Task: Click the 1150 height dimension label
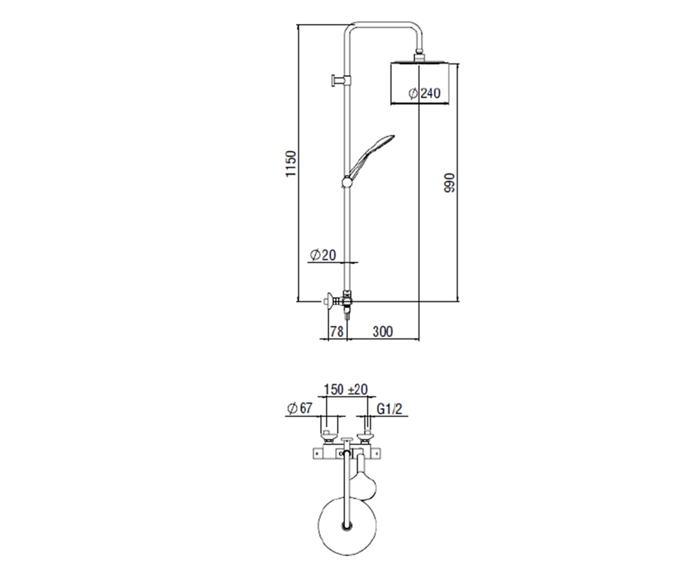291,164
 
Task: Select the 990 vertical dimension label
449,183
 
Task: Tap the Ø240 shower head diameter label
424,93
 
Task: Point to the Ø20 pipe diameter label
323,255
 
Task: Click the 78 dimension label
337,331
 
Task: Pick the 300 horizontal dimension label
382,331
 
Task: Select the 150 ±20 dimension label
345,389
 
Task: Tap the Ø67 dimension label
300,408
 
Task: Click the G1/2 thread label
389,409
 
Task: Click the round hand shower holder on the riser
346,182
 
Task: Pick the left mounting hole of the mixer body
317,454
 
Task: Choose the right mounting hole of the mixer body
376,454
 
